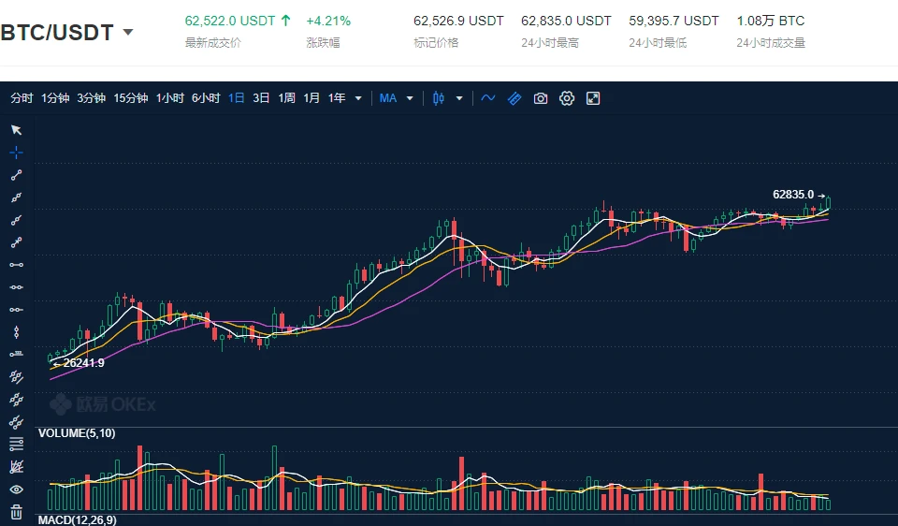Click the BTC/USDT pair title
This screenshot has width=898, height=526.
[58, 33]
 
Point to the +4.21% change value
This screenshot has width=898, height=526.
[328, 21]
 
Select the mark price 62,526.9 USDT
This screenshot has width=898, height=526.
[458, 21]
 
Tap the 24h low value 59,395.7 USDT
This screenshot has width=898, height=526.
[673, 21]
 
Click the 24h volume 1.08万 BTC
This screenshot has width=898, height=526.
[770, 21]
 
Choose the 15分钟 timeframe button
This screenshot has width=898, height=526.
[131, 98]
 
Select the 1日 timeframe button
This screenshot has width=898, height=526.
[237, 98]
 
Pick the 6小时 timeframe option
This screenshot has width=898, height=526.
[206, 98]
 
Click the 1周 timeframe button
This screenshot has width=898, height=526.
[286, 98]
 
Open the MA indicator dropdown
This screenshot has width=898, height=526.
[396, 98]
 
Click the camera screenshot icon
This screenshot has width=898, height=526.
[541, 98]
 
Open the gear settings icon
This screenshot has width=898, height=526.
[567, 98]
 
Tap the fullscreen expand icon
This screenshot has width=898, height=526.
[593, 98]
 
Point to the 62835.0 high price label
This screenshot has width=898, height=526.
[793, 195]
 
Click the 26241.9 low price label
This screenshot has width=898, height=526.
[83, 363]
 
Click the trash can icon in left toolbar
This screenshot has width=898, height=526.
[16, 511]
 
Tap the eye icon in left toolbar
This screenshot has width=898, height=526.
[16, 489]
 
